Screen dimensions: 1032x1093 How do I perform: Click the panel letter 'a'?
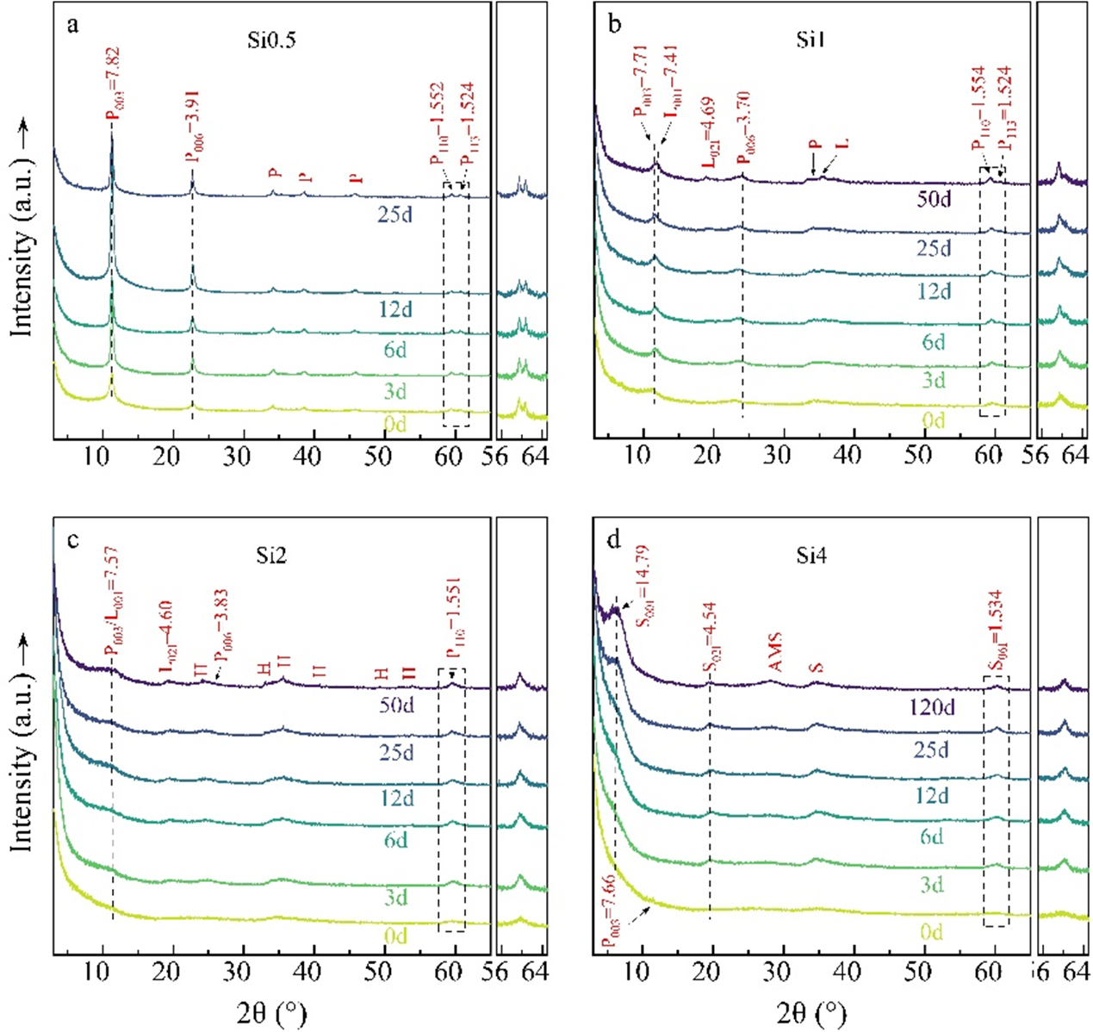(x=73, y=24)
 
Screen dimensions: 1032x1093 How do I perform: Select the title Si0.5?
(x=271, y=40)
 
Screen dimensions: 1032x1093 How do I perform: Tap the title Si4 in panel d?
(x=811, y=556)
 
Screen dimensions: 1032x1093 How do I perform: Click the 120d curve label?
(x=933, y=708)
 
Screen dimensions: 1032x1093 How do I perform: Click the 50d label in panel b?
(x=934, y=201)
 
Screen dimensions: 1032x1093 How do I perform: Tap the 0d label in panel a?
(x=396, y=425)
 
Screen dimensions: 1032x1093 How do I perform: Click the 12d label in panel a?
(x=396, y=309)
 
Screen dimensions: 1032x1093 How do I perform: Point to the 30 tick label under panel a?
(x=238, y=457)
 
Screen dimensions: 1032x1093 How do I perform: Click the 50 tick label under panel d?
(x=919, y=972)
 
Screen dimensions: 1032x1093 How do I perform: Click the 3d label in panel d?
(x=932, y=886)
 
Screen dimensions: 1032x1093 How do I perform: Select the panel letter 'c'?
(x=73, y=540)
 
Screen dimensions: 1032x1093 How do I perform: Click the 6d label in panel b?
(x=934, y=342)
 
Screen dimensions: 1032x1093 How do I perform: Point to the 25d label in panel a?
(x=396, y=214)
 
